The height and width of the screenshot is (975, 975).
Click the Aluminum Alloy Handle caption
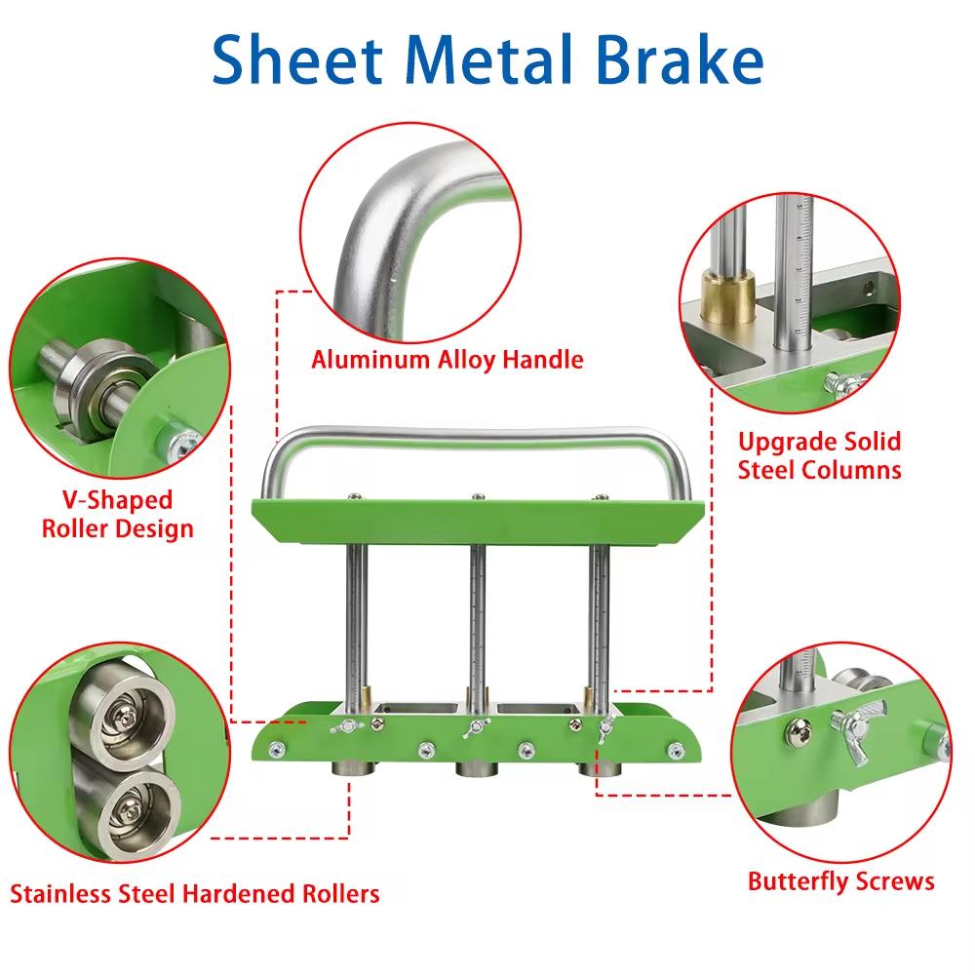(448, 360)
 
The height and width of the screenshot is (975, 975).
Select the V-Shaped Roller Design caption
(116, 515)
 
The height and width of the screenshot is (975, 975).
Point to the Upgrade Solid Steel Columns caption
(819, 455)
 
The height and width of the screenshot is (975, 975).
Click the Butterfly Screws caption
(840, 881)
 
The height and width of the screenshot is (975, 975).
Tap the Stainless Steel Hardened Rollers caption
(195, 893)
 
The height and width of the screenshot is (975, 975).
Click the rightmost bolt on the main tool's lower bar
(675, 749)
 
